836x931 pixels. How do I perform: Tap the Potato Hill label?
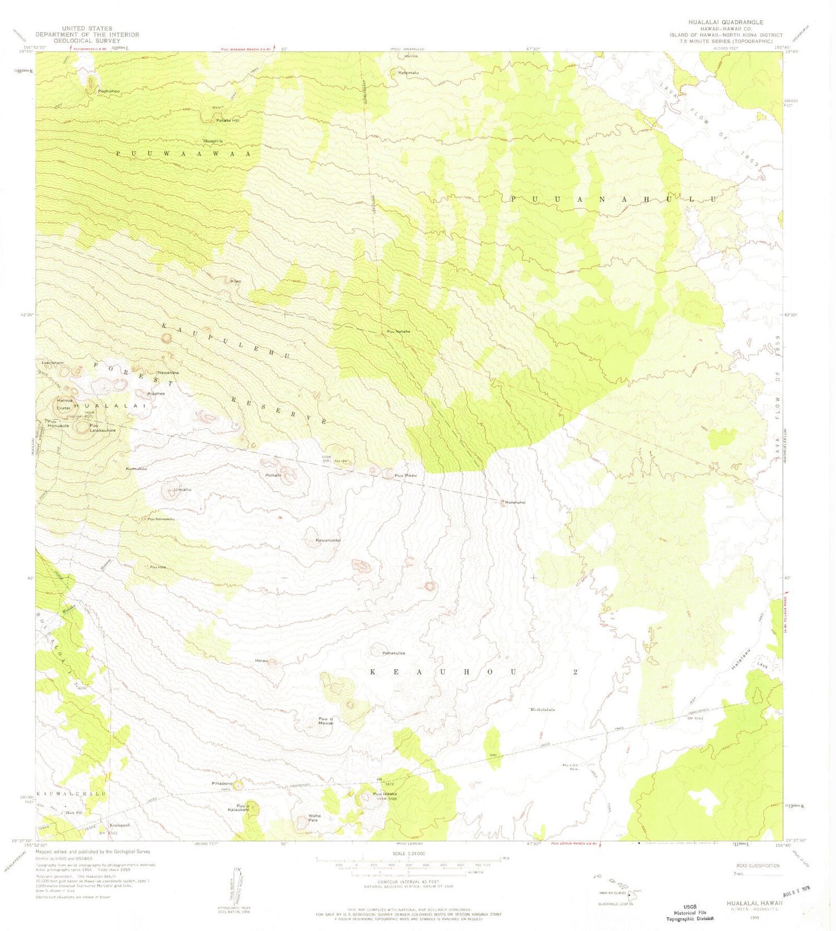pyautogui.click(x=227, y=120)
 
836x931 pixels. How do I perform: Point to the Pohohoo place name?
pyautogui.click(x=109, y=91)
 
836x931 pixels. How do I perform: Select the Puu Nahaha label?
pyautogui.click(x=398, y=332)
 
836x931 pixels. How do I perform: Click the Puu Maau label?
pyautogui.click(x=405, y=476)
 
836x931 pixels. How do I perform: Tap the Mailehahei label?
pyautogui.click(x=515, y=502)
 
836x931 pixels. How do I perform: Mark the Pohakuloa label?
pyautogui.click(x=393, y=653)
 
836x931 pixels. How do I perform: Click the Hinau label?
pyautogui.click(x=261, y=661)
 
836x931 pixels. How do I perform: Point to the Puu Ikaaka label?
pyautogui.click(x=385, y=794)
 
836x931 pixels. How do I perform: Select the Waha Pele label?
pyautogui.click(x=314, y=818)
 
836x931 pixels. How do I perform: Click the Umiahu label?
pyautogui.click(x=183, y=489)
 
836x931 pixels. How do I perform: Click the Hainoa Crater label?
pyautogui.click(x=64, y=404)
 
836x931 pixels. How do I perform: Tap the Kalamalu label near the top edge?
pyautogui.click(x=408, y=72)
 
